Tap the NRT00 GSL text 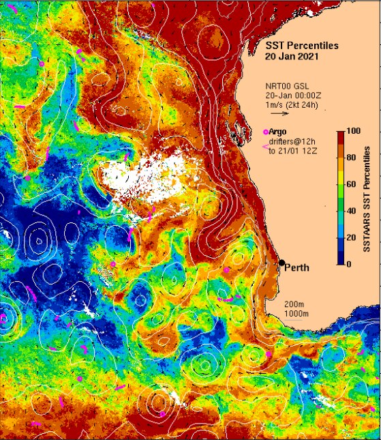point(288,87)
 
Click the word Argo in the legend point(278,131)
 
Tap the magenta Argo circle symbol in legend point(265,131)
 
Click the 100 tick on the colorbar point(353,131)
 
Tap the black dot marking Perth point(281,263)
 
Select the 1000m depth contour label point(296,313)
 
